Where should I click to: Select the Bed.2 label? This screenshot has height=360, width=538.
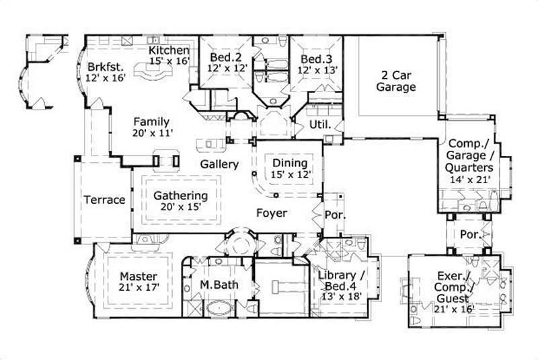coord(224,57)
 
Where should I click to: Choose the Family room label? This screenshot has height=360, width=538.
coord(151,122)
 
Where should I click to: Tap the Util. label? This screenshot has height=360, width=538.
coord(318,125)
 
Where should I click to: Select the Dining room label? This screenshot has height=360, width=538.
coord(290,163)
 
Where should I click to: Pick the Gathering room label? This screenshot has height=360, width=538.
coord(180,196)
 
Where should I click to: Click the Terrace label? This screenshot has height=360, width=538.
coord(104,200)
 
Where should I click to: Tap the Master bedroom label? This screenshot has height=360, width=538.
coord(139,276)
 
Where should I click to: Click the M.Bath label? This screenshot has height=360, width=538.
coord(219,285)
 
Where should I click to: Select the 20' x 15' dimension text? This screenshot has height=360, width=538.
coord(180,208)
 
